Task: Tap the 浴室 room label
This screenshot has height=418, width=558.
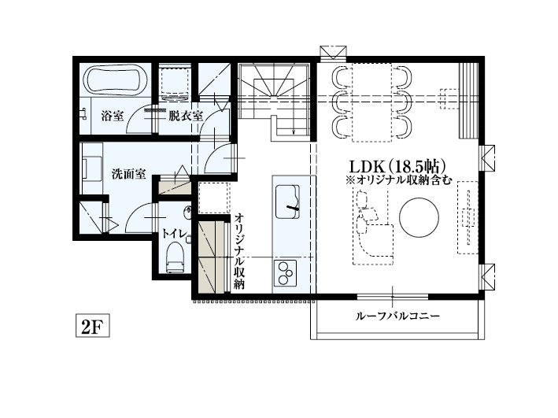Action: click(113, 116)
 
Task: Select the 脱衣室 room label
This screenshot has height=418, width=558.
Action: click(186, 116)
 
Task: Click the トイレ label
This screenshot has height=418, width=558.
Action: click(174, 233)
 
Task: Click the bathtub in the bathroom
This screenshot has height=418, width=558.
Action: click(114, 80)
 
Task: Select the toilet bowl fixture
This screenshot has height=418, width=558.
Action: click(175, 257)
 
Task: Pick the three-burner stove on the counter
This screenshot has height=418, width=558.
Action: click(285, 275)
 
